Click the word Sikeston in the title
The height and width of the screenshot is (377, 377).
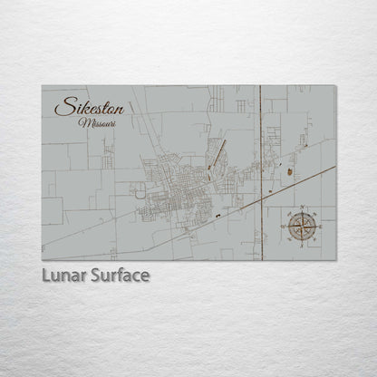89,107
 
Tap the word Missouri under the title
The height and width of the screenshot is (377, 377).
97,122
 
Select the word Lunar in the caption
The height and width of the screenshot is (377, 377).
63,275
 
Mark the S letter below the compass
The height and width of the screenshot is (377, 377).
302,239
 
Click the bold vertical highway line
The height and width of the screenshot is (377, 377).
261,136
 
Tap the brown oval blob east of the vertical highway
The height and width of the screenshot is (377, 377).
288,169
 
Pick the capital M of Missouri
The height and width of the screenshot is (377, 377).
83,122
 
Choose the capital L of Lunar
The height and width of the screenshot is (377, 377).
45,275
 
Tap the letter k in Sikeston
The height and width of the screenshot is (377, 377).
78,107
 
